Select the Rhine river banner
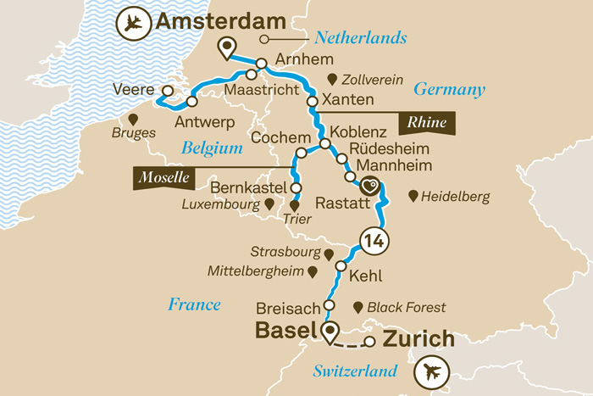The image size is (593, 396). tap(427, 123)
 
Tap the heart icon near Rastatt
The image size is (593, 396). tap(370, 184)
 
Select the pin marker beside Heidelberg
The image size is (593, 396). tap(413, 196)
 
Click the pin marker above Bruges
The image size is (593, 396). tap(132, 118)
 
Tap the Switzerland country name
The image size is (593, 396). tap(355, 371)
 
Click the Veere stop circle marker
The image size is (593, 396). tap(168, 91)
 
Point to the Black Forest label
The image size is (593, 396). tap(408, 307)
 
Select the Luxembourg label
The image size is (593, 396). tap(219, 204)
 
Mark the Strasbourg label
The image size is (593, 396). tap(285, 253)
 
